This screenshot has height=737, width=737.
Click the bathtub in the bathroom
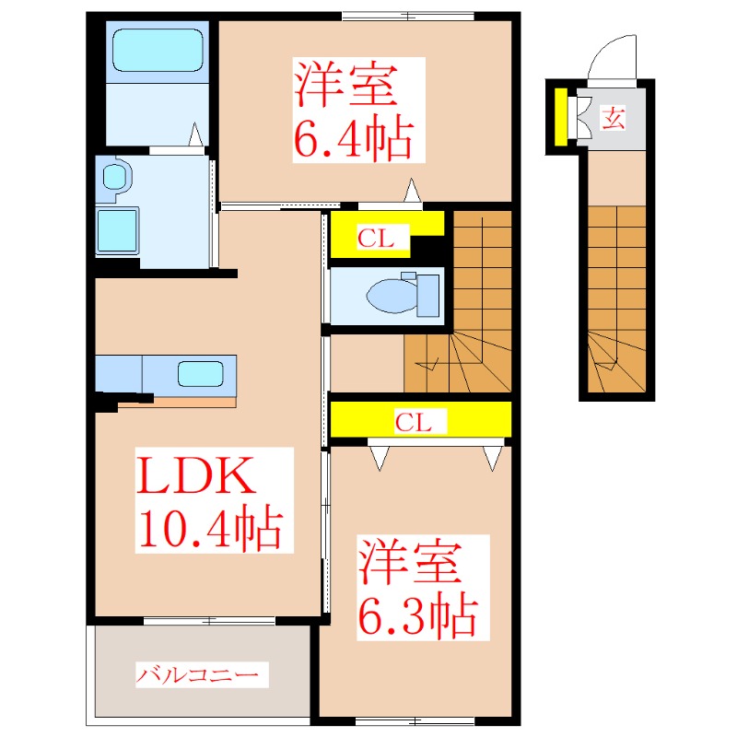[x=157, y=51]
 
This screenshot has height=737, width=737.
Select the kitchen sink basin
[x=200, y=374]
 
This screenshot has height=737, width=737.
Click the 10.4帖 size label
[x=209, y=527]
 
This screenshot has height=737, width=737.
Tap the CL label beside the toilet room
[x=376, y=240]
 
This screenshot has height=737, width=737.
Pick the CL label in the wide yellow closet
[x=414, y=423]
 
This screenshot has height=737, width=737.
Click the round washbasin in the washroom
[x=113, y=175]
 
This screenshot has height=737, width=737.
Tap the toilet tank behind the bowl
[x=427, y=295]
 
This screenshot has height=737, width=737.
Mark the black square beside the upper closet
[x=429, y=246]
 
